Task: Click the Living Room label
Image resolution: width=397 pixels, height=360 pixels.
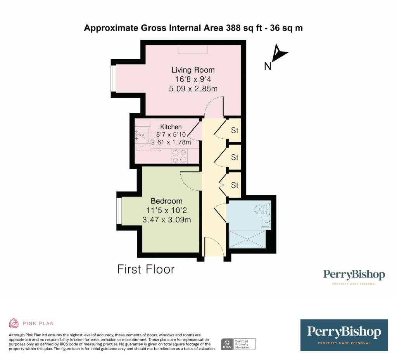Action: [x=193, y=70]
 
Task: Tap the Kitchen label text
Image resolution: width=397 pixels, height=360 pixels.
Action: [x=171, y=127]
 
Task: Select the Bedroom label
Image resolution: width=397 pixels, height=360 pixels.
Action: [x=166, y=201]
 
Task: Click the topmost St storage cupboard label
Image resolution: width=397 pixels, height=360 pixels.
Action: [x=235, y=131]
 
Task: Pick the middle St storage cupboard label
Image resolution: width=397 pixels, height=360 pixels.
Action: [x=235, y=158]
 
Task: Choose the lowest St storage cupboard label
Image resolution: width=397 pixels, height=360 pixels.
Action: [x=235, y=186]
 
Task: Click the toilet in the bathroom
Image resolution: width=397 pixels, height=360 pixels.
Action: [x=262, y=210]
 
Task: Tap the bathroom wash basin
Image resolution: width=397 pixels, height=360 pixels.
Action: [x=266, y=222]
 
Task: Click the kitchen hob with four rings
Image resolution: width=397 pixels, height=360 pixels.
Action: [x=180, y=156]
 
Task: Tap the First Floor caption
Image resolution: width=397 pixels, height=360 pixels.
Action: [x=146, y=269]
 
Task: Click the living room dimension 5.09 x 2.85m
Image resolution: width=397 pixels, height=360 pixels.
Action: [x=193, y=89]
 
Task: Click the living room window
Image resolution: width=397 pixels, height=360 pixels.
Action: [x=113, y=79]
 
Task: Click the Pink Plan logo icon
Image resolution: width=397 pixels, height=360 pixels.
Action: [x=14, y=323]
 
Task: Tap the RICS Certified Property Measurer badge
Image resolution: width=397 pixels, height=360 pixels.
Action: [x=238, y=344]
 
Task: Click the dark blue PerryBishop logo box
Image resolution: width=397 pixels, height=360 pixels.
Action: [x=344, y=335]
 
